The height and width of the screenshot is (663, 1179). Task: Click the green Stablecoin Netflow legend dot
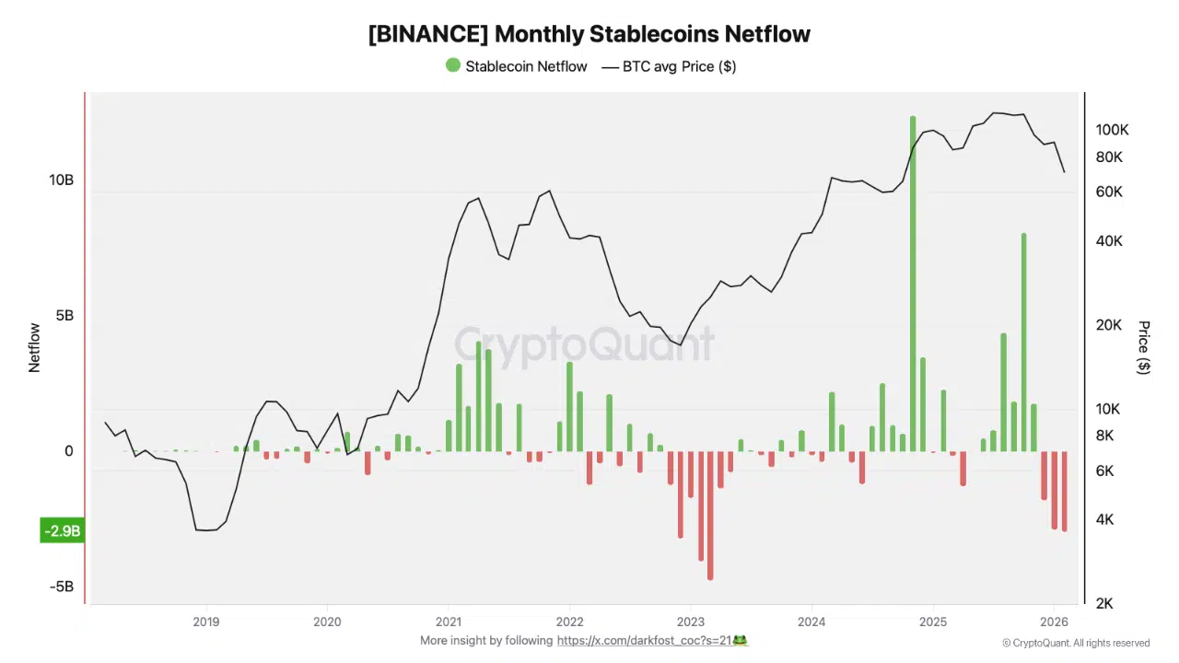452,65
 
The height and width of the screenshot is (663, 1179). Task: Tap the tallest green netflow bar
913,276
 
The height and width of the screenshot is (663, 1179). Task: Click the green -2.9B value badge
62,531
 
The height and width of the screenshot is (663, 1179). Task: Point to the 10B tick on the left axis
61,180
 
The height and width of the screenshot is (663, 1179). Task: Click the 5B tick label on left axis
64,316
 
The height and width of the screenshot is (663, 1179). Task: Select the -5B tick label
61,587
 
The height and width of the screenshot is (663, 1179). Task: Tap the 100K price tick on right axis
1112,130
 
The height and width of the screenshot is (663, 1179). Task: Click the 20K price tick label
1109,325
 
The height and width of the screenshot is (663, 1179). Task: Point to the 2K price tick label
1105,603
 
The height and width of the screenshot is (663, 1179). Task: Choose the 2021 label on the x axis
449,621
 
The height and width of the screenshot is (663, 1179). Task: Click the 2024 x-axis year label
811,621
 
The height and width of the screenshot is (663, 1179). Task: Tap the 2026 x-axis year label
1054,621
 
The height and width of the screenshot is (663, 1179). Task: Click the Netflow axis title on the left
35,347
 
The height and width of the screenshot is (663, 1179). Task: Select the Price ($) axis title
1144,347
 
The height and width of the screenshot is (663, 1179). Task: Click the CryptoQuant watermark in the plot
584,344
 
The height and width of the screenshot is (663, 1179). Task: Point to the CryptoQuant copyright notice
1076,643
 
